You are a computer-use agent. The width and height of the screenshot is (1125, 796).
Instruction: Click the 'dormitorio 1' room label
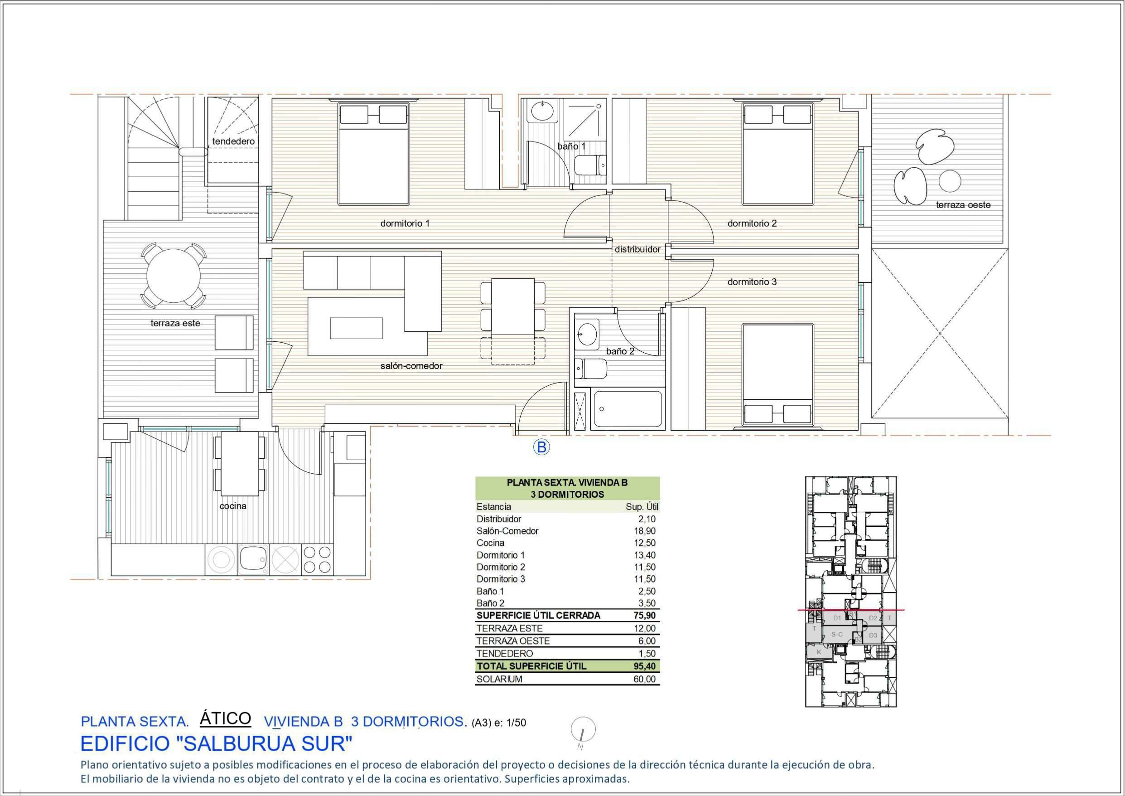pos(405,223)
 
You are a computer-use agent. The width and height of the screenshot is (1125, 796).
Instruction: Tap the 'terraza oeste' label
pos(963,205)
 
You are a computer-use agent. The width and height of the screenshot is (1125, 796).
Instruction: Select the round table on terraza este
pos(174,276)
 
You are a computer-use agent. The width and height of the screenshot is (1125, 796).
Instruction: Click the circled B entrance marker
pos(541,447)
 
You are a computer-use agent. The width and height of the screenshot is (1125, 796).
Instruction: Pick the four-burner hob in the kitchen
pos(317,560)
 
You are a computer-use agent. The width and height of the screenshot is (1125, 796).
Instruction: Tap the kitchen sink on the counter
pos(253,560)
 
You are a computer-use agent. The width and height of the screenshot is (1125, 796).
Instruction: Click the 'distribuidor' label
pos(637,249)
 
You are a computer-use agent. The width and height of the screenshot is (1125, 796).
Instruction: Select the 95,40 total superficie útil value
pos(644,666)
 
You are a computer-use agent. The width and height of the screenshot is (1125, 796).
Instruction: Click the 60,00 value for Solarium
pos(644,679)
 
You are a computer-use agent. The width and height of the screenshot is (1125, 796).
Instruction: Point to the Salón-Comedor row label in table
pos(507,531)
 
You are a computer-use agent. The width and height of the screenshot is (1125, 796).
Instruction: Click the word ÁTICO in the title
pos(225,718)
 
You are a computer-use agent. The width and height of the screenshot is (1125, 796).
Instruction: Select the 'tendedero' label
pos(233,141)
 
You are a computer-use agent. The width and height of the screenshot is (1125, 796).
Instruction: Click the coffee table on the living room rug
pos(356,328)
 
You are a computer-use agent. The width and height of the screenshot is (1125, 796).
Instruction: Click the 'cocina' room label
pos(233,506)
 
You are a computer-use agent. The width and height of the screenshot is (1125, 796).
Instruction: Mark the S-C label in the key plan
pos(837,634)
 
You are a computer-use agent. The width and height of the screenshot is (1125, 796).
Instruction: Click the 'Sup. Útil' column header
pos(642,507)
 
